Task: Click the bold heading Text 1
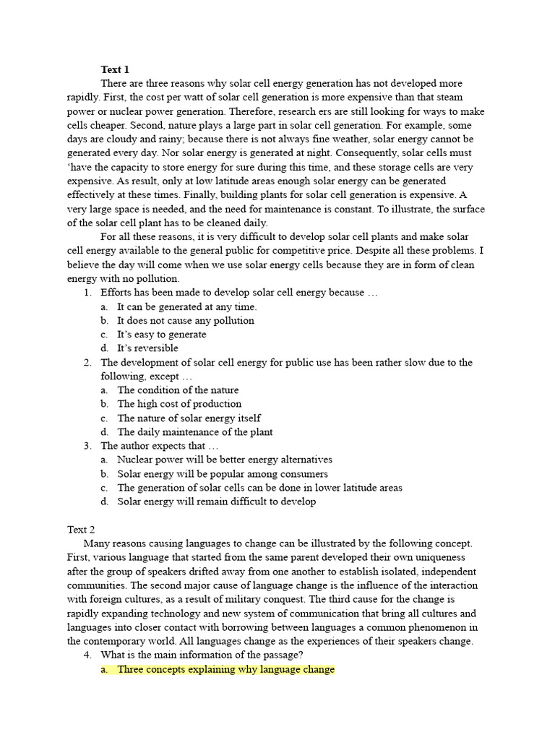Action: (x=115, y=69)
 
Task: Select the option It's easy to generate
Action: (x=162, y=335)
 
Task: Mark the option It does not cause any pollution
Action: (x=186, y=320)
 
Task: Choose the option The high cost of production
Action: (x=179, y=404)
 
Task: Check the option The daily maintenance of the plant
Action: (x=195, y=432)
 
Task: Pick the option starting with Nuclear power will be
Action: (x=225, y=460)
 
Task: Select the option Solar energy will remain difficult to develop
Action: (x=217, y=502)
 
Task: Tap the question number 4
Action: (x=87, y=655)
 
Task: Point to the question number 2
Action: (x=87, y=362)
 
